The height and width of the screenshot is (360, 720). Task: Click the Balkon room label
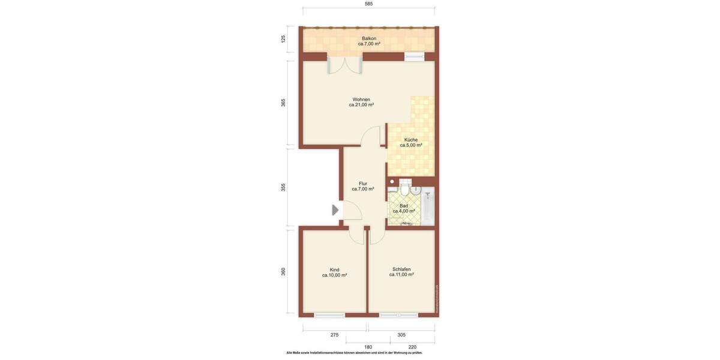point(369,41)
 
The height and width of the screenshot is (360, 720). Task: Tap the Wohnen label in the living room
point(361,102)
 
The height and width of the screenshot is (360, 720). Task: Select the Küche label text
point(411,142)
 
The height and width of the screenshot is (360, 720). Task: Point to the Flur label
point(363,186)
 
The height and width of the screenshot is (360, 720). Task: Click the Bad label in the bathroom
point(404,208)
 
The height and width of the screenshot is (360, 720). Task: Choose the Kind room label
point(334,272)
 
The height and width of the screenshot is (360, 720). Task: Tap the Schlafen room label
point(401,272)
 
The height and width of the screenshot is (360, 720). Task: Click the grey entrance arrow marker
point(335,210)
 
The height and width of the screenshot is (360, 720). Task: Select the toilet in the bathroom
point(405,190)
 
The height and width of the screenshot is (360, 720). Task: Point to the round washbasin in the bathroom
point(415,191)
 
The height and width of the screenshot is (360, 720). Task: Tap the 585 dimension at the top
point(368,4)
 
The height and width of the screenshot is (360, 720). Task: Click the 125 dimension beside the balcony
point(283,39)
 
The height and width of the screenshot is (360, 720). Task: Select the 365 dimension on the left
point(283,103)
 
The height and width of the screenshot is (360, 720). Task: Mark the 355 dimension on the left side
point(283,187)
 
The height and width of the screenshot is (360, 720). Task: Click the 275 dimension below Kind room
point(334,335)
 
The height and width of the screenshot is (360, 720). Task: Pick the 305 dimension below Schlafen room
point(401,335)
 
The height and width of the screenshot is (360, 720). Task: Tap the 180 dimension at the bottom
point(368,347)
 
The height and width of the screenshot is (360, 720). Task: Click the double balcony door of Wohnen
point(345,64)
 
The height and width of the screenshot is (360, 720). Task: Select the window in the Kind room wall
point(329,315)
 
